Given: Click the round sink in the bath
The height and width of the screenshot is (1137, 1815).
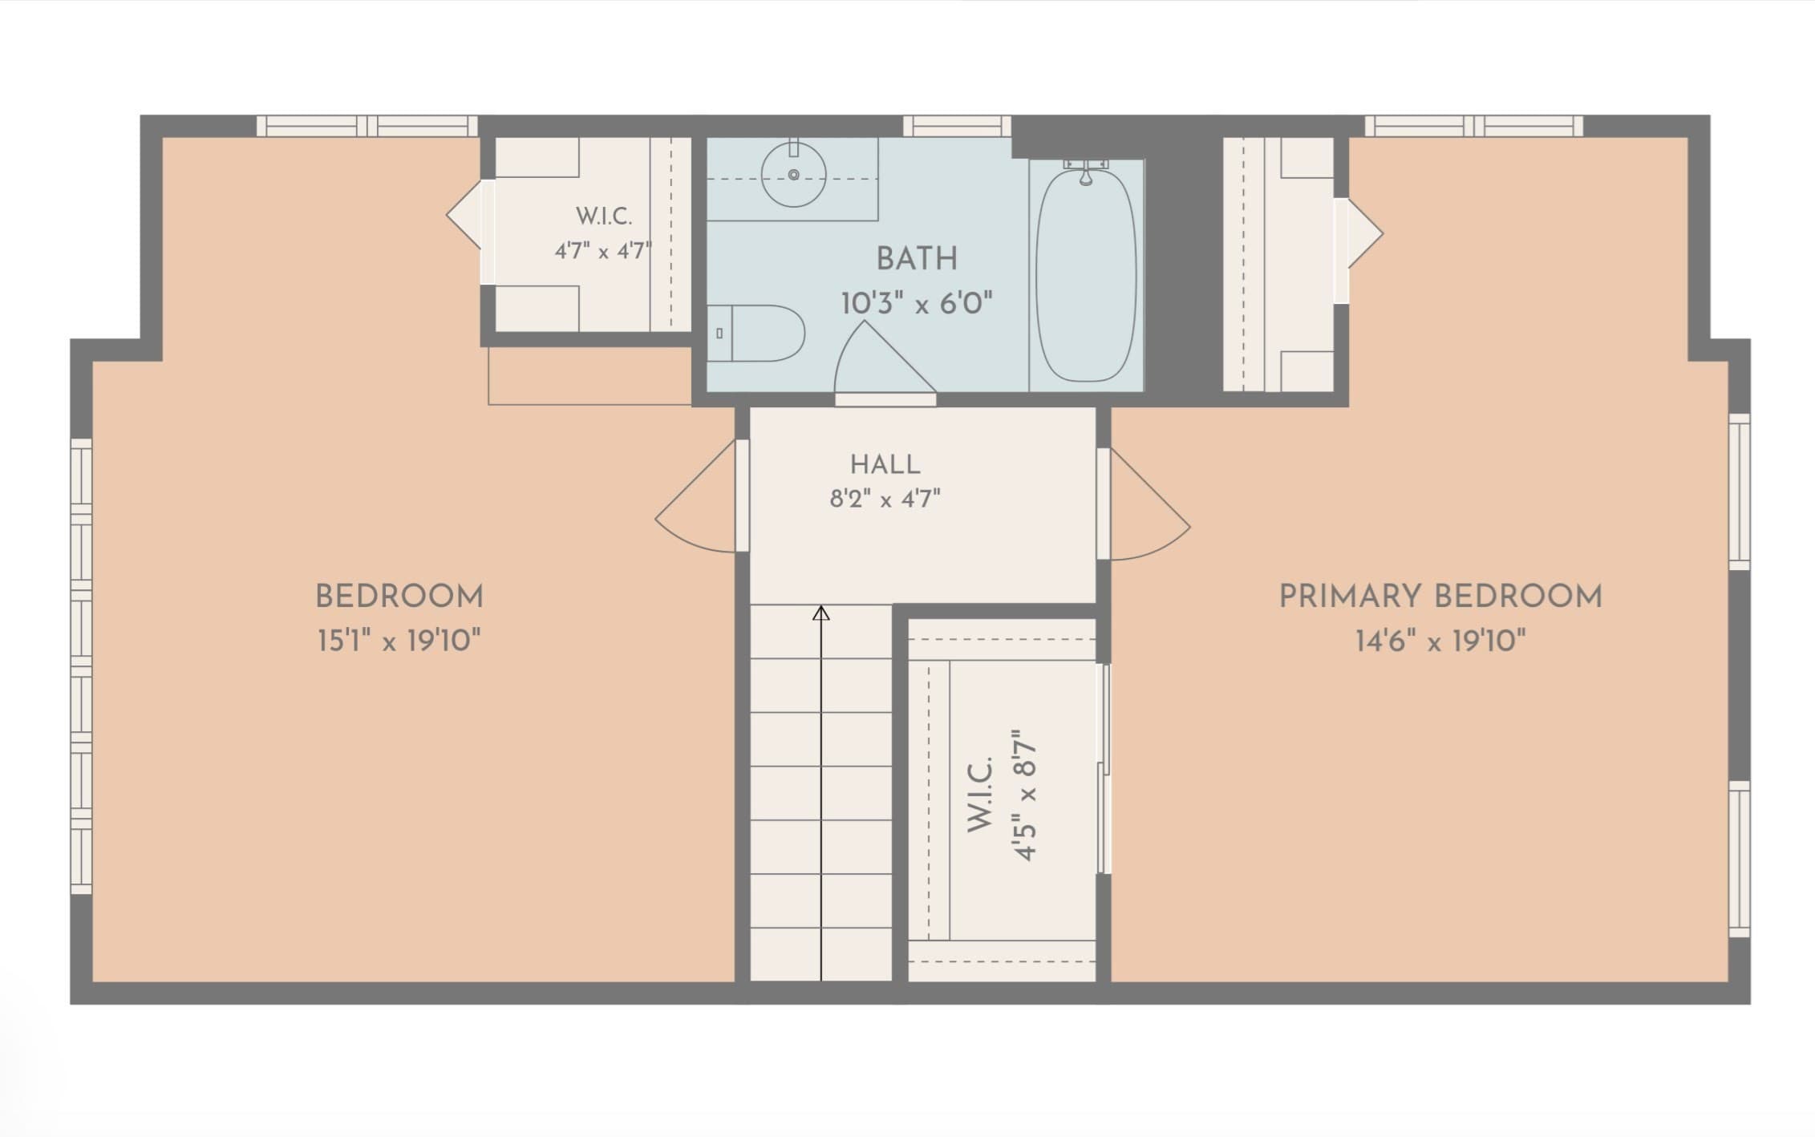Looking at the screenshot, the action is tap(793, 174).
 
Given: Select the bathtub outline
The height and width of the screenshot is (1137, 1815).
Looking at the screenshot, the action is tap(1086, 273).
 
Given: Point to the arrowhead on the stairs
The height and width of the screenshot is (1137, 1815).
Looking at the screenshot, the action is tap(821, 613).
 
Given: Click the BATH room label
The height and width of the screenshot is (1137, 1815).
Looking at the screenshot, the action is tap(917, 259).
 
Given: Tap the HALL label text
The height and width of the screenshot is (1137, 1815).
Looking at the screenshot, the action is tap(885, 464).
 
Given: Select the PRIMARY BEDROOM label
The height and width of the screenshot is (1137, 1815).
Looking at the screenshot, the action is tap(1440, 597).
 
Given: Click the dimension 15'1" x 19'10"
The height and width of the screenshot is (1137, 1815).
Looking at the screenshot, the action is tap(399, 641).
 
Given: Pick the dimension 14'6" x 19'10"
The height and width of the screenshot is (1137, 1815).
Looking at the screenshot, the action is tap(1440, 641).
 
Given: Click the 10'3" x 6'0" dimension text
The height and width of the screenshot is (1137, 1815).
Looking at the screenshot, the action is tap(917, 304).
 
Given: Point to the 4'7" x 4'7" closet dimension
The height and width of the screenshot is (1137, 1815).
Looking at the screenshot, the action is tap(603, 251).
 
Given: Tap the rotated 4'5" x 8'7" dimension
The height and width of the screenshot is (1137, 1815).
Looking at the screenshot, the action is tap(1026, 795).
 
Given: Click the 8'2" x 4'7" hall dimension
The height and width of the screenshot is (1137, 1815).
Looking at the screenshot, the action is tap(885, 500).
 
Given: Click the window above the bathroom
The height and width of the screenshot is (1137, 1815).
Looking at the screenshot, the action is tap(957, 126).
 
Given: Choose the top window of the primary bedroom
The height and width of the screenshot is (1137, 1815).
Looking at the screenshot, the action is tap(1474, 126).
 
